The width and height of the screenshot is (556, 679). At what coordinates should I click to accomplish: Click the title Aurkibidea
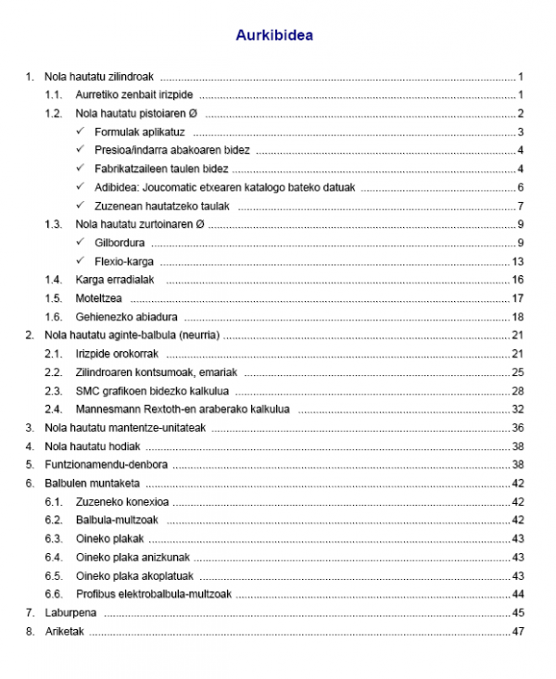pyautogui.click(x=274, y=37)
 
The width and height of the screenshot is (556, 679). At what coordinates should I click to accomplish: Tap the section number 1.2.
pyautogui.click(x=55, y=113)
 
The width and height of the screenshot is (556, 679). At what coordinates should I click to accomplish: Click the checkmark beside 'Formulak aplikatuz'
pyautogui.click(x=82, y=132)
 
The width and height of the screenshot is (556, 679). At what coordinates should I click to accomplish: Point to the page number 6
pyautogui.click(x=522, y=187)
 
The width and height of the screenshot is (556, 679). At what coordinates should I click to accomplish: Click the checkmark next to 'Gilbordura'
pyautogui.click(x=82, y=243)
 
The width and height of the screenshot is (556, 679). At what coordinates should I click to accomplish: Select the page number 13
pyautogui.click(x=519, y=261)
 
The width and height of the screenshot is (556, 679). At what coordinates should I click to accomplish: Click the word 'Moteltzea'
pyautogui.click(x=99, y=298)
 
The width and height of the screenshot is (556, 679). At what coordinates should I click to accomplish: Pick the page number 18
pyautogui.click(x=519, y=317)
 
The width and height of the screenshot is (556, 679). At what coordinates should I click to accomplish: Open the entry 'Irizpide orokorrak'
pyautogui.click(x=120, y=354)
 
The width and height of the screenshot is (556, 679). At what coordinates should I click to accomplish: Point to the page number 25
pyautogui.click(x=519, y=372)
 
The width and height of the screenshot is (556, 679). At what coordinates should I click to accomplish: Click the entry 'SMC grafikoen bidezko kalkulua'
pyautogui.click(x=152, y=391)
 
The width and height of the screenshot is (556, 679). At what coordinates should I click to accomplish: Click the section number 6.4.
pyautogui.click(x=55, y=558)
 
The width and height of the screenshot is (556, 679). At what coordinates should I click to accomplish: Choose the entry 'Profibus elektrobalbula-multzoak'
pyautogui.click(x=154, y=595)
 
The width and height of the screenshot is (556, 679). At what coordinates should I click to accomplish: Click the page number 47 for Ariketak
pyautogui.click(x=519, y=632)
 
